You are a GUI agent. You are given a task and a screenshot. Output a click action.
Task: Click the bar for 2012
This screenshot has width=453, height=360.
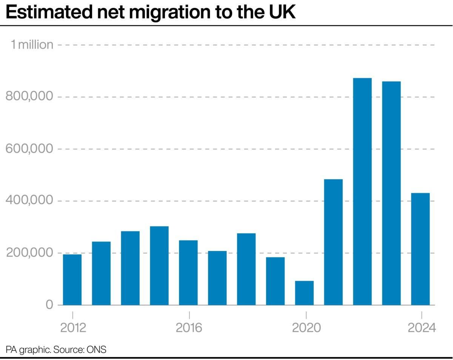pos(72,280)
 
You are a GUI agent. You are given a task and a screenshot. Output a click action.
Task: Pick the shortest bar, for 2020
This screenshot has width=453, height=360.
pos(304,293)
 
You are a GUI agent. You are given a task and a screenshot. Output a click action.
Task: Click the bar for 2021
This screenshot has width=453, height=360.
pos(333,242)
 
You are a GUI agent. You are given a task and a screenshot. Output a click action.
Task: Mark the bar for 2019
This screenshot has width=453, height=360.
pos(275,281)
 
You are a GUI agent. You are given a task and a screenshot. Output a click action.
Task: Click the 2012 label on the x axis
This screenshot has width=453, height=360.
pos(73,328)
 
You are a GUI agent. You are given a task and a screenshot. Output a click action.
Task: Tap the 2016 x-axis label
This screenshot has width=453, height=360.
pos(189,328)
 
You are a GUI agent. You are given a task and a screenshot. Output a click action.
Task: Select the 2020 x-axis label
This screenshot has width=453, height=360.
pos(306,328)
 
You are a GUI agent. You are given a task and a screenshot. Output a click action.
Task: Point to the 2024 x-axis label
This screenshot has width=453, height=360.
pos(422,328)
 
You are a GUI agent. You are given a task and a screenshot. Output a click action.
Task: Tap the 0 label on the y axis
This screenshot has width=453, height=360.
pos(49,305)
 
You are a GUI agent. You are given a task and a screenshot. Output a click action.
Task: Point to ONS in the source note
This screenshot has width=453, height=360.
pos(97,349)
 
